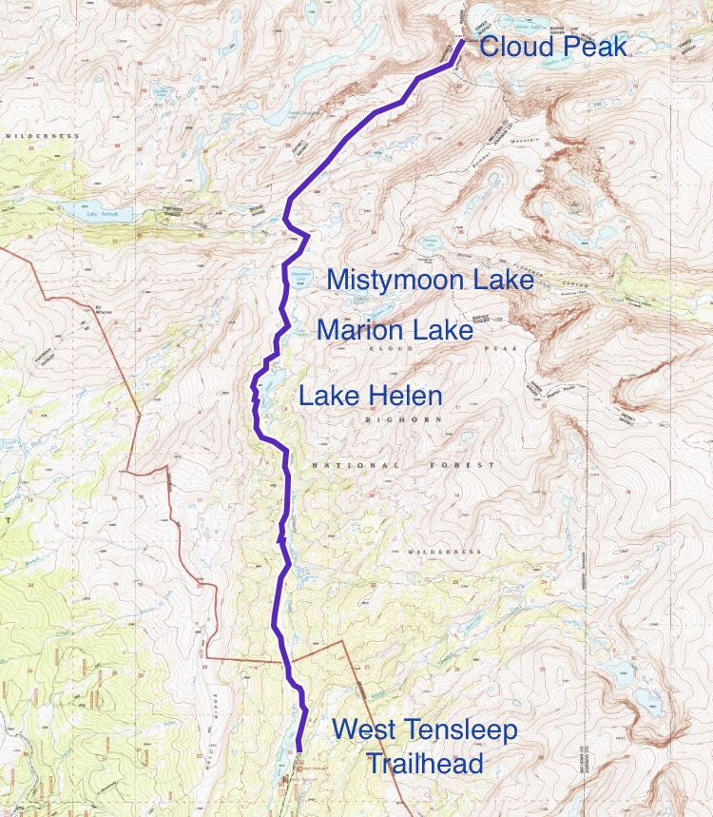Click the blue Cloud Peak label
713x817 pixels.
click(x=553, y=47)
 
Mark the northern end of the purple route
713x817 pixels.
click(x=461, y=41)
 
